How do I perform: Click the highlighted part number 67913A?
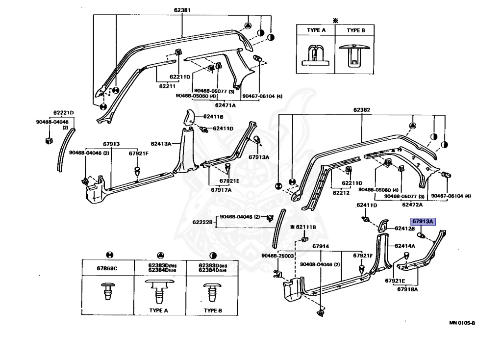[x=423, y=222]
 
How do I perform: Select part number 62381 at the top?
[x=182, y=10]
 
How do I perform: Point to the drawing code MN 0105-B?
[x=462, y=323]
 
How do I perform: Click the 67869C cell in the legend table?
[x=109, y=268]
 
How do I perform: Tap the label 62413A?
[x=161, y=144]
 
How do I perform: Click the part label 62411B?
[x=214, y=117]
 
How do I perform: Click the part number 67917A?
[x=222, y=190]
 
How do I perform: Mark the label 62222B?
[x=202, y=222]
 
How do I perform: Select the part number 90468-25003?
[x=277, y=256]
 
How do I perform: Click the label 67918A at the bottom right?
[x=407, y=290]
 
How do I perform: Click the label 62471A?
[x=225, y=105]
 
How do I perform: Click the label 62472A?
[x=413, y=204]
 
